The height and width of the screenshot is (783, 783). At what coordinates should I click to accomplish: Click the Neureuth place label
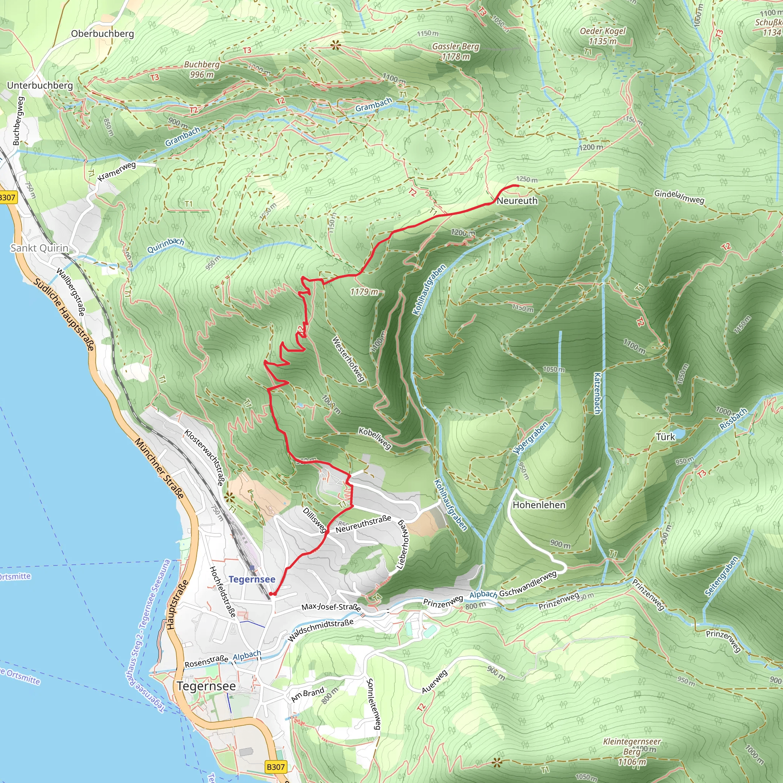tap(517, 201)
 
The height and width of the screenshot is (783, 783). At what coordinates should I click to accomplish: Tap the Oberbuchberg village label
tap(102, 34)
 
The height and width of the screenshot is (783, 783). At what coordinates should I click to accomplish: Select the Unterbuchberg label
tap(40, 86)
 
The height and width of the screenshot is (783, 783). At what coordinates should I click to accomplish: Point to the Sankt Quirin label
tap(39, 248)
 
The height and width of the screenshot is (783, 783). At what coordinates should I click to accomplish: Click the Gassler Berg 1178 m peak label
tap(455, 52)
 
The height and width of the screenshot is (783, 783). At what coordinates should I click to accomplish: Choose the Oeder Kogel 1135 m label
tap(603, 36)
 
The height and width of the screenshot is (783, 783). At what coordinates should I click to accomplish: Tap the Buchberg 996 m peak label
tap(201, 69)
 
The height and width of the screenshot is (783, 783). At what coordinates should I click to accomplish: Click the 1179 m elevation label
tap(364, 292)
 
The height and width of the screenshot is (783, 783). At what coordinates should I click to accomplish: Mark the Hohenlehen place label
tap(539, 505)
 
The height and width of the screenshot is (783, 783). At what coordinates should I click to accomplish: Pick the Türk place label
tap(665, 437)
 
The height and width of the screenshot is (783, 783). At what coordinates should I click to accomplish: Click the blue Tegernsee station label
tap(252, 579)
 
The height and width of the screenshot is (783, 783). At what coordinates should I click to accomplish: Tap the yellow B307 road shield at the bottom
tap(276, 767)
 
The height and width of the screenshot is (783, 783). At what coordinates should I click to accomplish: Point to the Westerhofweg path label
tap(348, 359)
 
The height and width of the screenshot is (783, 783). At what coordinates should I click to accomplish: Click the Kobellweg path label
tap(375, 439)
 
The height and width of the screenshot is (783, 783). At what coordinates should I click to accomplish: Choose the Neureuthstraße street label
tap(363, 524)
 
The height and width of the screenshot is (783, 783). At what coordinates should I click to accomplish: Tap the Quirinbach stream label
tap(165, 245)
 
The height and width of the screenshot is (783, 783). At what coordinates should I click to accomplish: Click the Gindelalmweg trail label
tap(679, 197)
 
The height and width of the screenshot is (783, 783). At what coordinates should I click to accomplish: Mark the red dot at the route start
tap(271, 594)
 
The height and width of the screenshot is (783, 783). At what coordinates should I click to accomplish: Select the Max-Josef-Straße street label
tap(331, 607)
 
